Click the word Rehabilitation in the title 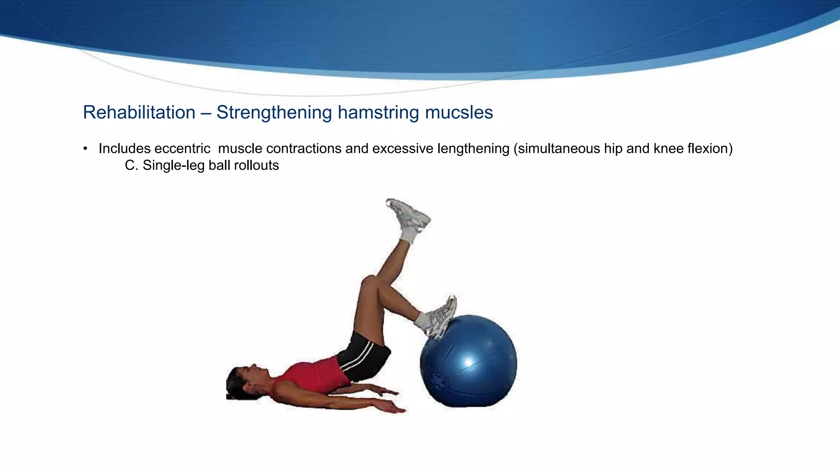[139, 112]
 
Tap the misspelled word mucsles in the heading [459, 112]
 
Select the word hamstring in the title [378, 112]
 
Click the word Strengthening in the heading [274, 112]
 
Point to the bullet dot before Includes [85, 149]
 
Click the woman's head [242, 381]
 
